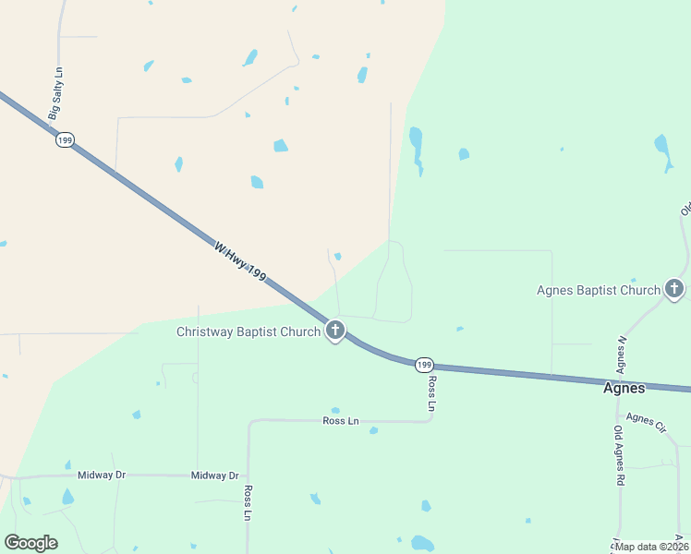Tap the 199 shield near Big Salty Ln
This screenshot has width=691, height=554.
64,139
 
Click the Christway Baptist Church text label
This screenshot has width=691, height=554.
249,331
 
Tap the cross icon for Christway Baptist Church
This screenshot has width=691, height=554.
334,330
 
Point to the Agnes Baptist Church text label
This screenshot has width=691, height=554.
599,290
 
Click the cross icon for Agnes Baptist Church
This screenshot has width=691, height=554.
674,290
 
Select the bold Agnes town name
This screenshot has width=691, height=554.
624,389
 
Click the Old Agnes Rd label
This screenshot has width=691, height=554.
619,456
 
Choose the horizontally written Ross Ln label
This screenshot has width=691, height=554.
340,421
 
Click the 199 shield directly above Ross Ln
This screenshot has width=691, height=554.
424,365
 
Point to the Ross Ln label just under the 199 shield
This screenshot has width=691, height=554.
431,393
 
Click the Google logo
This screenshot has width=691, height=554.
30,543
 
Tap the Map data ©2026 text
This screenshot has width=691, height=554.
652,547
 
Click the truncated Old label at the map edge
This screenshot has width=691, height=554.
685,207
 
